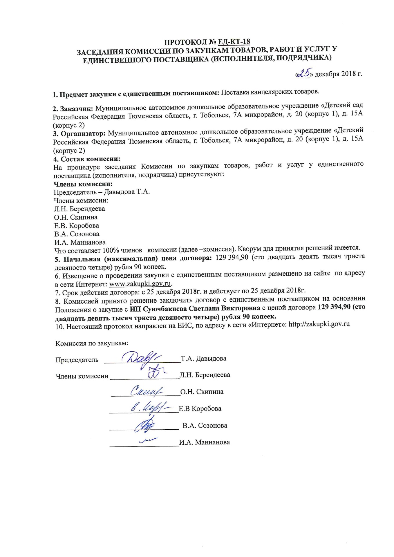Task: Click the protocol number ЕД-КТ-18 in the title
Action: click(x=234, y=42)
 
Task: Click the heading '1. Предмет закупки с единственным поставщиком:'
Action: click(x=136, y=94)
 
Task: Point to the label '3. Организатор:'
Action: click(x=79, y=134)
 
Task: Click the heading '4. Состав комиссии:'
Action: click(x=87, y=159)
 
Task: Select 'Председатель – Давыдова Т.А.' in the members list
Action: click(x=102, y=192)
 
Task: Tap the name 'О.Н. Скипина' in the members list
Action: click(x=76, y=217)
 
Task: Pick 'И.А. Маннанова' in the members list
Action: click(x=80, y=242)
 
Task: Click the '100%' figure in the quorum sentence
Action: click(x=110, y=250)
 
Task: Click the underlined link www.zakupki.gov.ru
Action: click(x=140, y=283)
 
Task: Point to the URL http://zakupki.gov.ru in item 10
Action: click(x=319, y=324)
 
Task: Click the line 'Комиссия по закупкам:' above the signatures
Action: click(x=92, y=343)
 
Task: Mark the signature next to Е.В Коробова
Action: click(x=151, y=408)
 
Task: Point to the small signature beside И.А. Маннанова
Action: click(x=148, y=441)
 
